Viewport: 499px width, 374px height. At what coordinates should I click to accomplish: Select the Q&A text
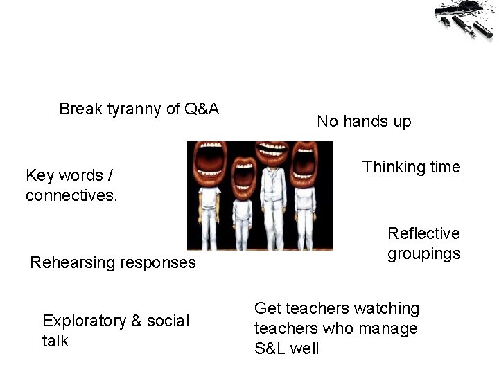tap(202, 109)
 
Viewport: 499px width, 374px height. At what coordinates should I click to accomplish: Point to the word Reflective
tap(423, 233)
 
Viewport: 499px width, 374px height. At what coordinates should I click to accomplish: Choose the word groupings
tap(423, 253)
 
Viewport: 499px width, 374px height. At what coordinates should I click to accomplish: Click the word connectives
tap(71, 196)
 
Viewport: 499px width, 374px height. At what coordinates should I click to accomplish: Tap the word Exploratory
tap(84, 321)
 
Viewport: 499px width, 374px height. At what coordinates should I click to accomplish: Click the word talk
tap(55, 341)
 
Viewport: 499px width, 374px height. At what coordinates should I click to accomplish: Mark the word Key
tap(38, 175)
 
